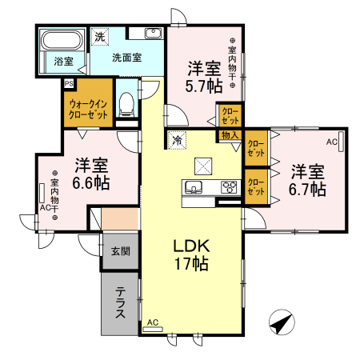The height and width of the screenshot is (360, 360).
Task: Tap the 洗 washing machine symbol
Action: (x=100, y=37)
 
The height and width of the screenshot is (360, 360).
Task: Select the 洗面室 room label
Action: (x=126, y=58)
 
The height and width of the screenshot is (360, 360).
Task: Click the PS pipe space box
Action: (x=69, y=82)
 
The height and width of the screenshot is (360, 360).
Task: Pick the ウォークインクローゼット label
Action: (x=89, y=108)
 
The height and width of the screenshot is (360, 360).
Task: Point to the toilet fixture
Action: (x=126, y=102)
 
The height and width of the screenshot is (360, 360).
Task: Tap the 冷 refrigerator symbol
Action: (x=176, y=139)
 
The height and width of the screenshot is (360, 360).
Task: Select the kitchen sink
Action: (x=194, y=189)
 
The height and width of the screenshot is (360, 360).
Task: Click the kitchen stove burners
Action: (x=229, y=189)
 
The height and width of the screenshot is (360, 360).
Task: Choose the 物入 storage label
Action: (x=230, y=135)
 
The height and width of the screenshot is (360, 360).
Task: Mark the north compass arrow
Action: (x=281, y=324)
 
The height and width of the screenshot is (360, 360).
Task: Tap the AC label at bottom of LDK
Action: (x=153, y=322)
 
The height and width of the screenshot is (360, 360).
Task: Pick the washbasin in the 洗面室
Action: (x=154, y=34)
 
